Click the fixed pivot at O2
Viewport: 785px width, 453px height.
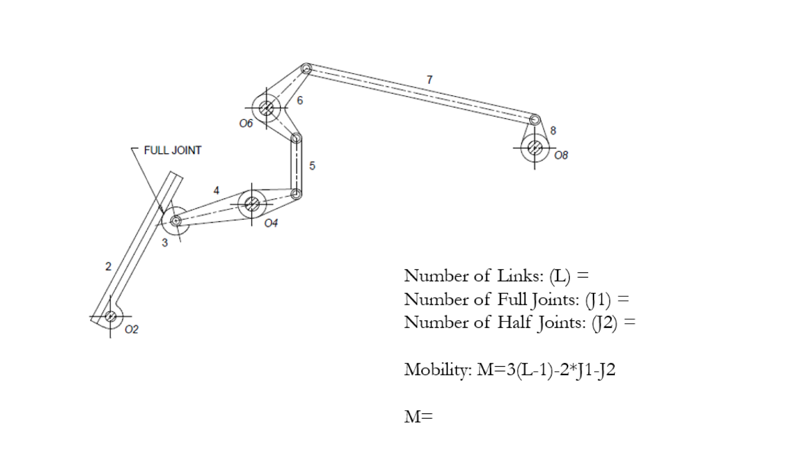[x=110, y=316]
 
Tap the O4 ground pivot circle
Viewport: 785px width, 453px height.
[x=252, y=204]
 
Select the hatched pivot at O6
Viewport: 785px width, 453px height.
[x=266, y=108]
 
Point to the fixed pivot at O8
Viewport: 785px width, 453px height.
[x=534, y=148]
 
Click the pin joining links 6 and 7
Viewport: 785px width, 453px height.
[x=306, y=69]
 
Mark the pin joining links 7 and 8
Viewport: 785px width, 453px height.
[x=534, y=120]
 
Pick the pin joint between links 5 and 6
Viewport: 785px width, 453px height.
[x=296, y=138]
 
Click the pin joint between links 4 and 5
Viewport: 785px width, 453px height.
[x=296, y=194]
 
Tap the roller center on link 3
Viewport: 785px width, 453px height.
[x=175, y=221]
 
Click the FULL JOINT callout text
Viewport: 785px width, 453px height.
[x=172, y=151]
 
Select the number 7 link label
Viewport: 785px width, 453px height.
[x=429, y=80]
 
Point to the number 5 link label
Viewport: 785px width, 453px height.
[x=312, y=166]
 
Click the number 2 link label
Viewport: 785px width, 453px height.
[x=108, y=266]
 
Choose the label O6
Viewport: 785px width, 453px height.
[x=246, y=124]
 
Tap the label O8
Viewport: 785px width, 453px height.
[x=561, y=156]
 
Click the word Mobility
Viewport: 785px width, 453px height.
[x=437, y=369]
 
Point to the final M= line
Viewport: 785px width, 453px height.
[x=418, y=416]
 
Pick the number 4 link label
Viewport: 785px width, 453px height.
[x=216, y=190]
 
